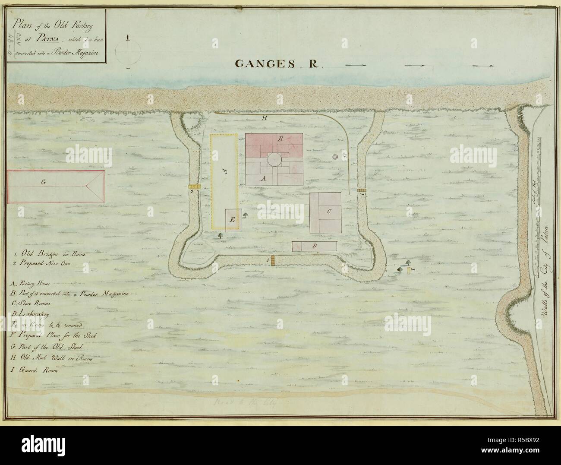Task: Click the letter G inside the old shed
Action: click(x=43, y=183)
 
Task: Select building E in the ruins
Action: click(x=233, y=220)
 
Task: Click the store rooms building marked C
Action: click(x=325, y=212)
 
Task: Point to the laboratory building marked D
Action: click(x=314, y=246)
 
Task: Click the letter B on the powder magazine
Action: click(x=280, y=139)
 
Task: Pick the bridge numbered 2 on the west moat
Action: click(x=194, y=187)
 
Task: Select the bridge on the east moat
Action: click(x=361, y=190)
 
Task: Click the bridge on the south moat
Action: click(x=273, y=260)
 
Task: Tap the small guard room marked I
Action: click(x=409, y=269)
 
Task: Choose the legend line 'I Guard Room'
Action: click(x=36, y=370)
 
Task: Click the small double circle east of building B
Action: click(x=335, y=157)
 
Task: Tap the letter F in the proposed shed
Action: click(x=224, y=171)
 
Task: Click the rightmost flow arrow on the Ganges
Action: click(x=483, y=66)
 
